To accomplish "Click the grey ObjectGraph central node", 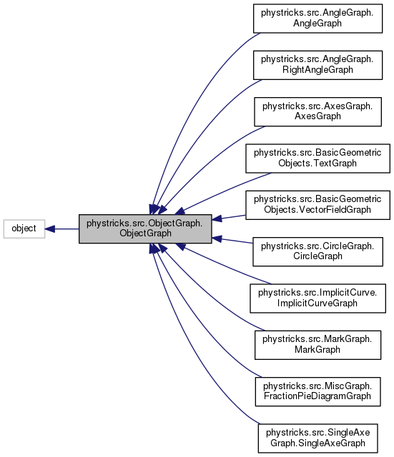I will pyautogui.click(x=145, y=228).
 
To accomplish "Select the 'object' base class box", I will pyautogui.click(x=24, y=229).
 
